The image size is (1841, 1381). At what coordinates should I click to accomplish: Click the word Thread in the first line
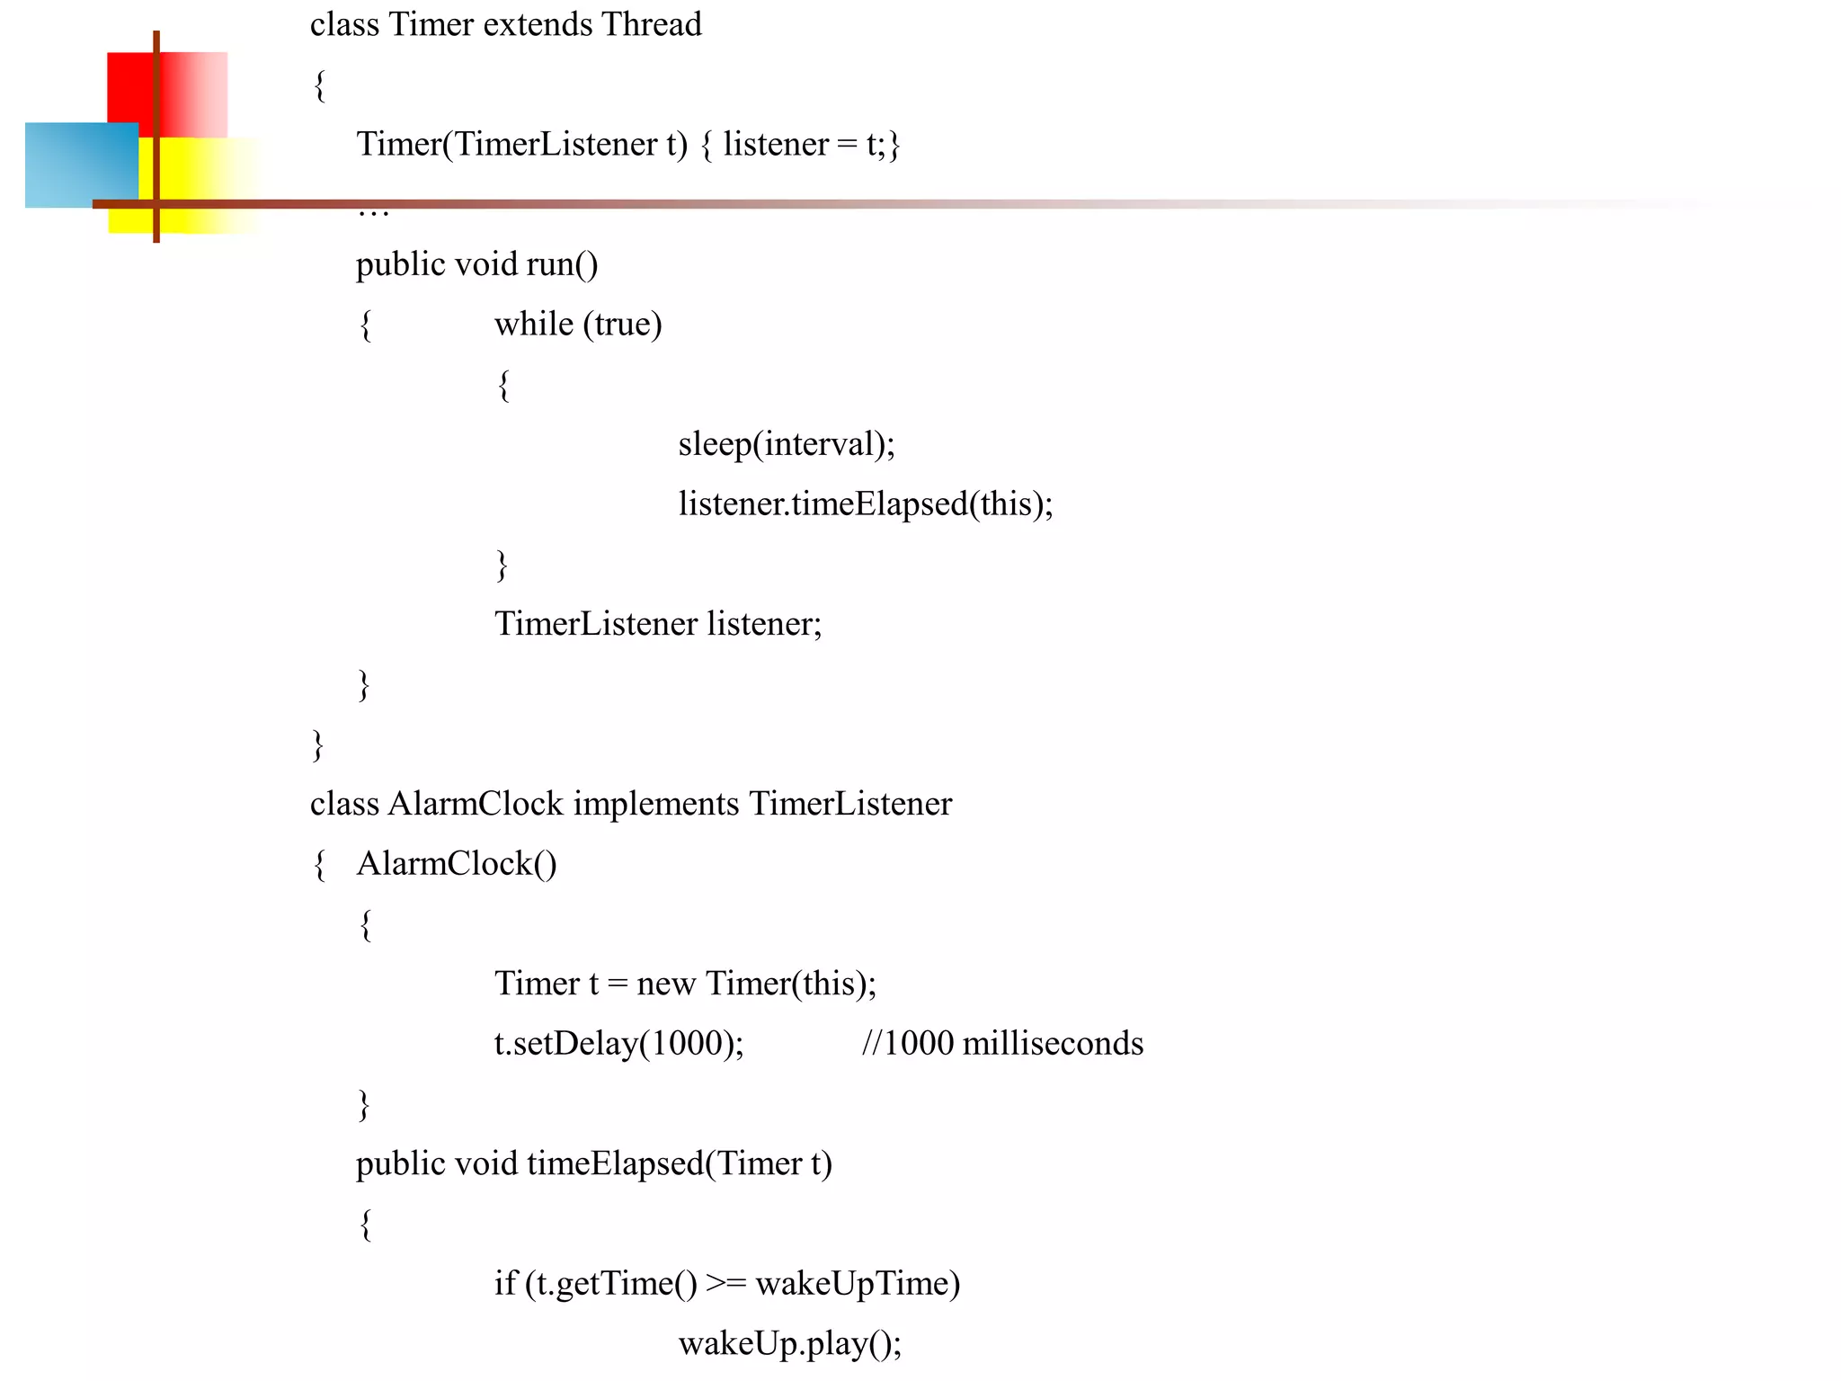(651, 24)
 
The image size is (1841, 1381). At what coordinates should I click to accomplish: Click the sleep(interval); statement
(787, 444)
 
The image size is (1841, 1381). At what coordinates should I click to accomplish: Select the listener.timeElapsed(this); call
(865, 503)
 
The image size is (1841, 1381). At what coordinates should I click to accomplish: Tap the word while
(534, 324)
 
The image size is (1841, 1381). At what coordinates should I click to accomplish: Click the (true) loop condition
(622, 324)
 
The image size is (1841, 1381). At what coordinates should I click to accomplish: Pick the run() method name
(562, 264)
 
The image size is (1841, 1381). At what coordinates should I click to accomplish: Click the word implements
(656, 804)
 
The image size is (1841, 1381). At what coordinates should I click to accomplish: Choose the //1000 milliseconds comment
(1002, 1043)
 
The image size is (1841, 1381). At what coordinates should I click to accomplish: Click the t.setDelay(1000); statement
(618, 1043)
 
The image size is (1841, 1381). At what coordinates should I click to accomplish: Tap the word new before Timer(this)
(665, 984)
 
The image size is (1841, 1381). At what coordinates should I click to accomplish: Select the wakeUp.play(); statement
(789, 1343)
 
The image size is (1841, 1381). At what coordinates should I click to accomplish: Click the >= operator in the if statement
(725, 1283)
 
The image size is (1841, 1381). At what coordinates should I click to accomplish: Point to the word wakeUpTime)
(858, 1283)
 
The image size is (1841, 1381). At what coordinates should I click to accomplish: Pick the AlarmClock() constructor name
(457, 864)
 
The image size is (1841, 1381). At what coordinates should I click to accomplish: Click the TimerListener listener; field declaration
(658, 624)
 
